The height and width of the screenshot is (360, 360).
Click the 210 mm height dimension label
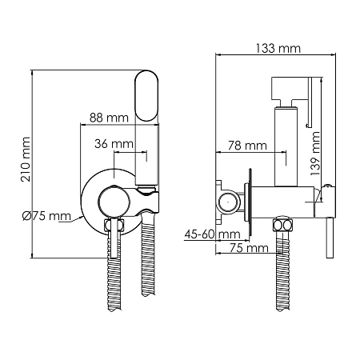click(x=26, y=159)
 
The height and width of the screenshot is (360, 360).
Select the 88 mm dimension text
click(x=109, y=118)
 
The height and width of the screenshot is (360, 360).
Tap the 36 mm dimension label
click(x=114, y=144)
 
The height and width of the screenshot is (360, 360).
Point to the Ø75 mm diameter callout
click(x=46, y=216)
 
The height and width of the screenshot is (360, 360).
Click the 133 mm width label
click(x=278, y=49)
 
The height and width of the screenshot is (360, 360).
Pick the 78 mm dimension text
click(x=247, y=146)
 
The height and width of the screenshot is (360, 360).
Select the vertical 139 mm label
click(x=315, y=154)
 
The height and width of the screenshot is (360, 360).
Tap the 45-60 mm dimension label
click(x=213, y=234)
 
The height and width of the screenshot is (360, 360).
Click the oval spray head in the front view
click(x=146, y=96)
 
